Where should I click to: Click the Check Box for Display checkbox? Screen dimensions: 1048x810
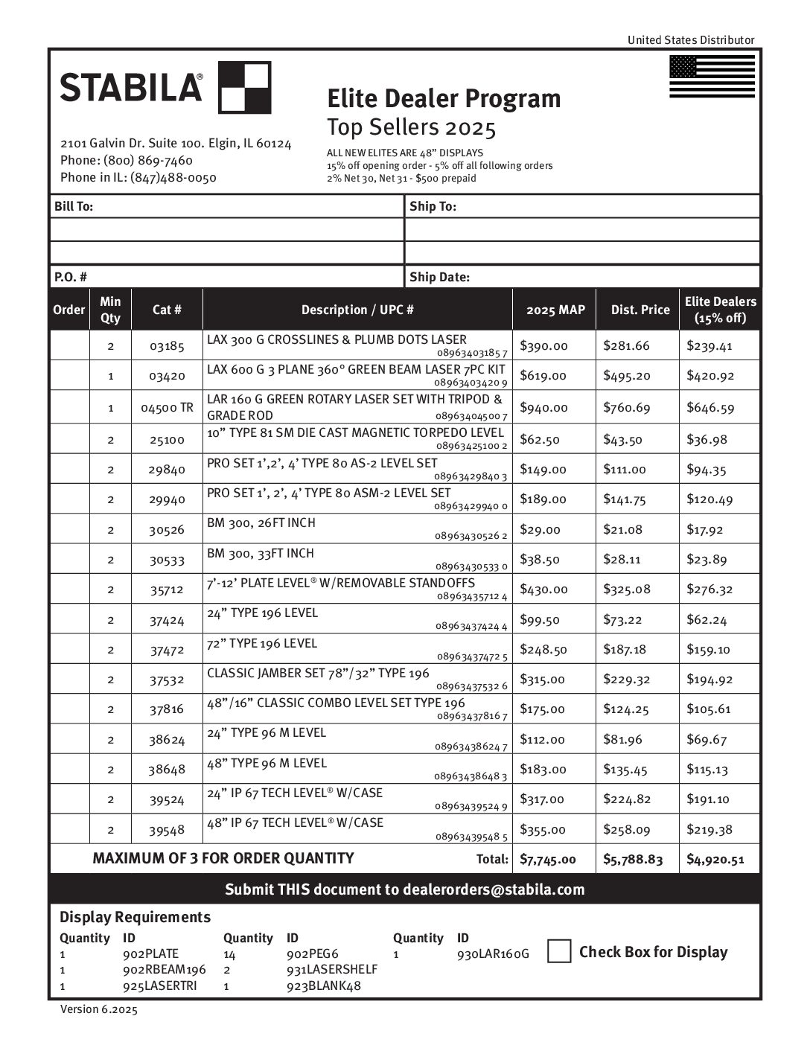pyautogui.click(x=559, y=951)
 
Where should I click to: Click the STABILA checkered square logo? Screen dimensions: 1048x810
pyautogui.click(x=245, y=88)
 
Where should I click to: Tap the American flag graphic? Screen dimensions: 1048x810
pyautogui.click(x=712, y=77)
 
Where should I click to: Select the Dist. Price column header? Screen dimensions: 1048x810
pyautogui.click(x=640, y=310)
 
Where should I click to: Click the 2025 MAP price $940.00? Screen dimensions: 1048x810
pyautogui.click(x=543, y=408)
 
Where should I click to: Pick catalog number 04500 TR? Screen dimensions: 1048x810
pyautogui.click(x=167, y=408)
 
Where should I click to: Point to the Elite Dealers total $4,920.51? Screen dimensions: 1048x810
pyautogui.click(x=715, y=860)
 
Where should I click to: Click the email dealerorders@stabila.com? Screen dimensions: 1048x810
pyautogui.click(x=494, y=889)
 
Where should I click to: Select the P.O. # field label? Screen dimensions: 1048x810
pyautogui.click(x=71, y=277)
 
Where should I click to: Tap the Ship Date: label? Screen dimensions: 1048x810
pyautogui.click(x=439, y=277)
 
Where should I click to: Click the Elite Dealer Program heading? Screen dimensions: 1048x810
pyautogui.click(x=444, y=98)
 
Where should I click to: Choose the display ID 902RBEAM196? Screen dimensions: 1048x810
pyautogui.click(x=164, y=969)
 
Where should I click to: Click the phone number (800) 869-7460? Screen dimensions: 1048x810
pyautogui.click(x=148, y=160)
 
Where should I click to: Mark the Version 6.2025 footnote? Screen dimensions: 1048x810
pyautogui.click(x=99, y=1009)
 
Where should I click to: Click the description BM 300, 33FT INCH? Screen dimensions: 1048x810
pyautogui.click(x=261, y=553)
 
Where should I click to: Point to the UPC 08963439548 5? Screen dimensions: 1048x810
pyautogui.click(x=471, y=837)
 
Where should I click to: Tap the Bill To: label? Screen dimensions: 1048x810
pyautogui.click(x=74, y=206)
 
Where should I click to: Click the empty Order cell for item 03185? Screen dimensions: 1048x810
pyautogui.click(x=69, y=346)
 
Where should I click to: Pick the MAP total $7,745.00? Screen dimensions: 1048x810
pyautogui.click(x=548, y=860)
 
